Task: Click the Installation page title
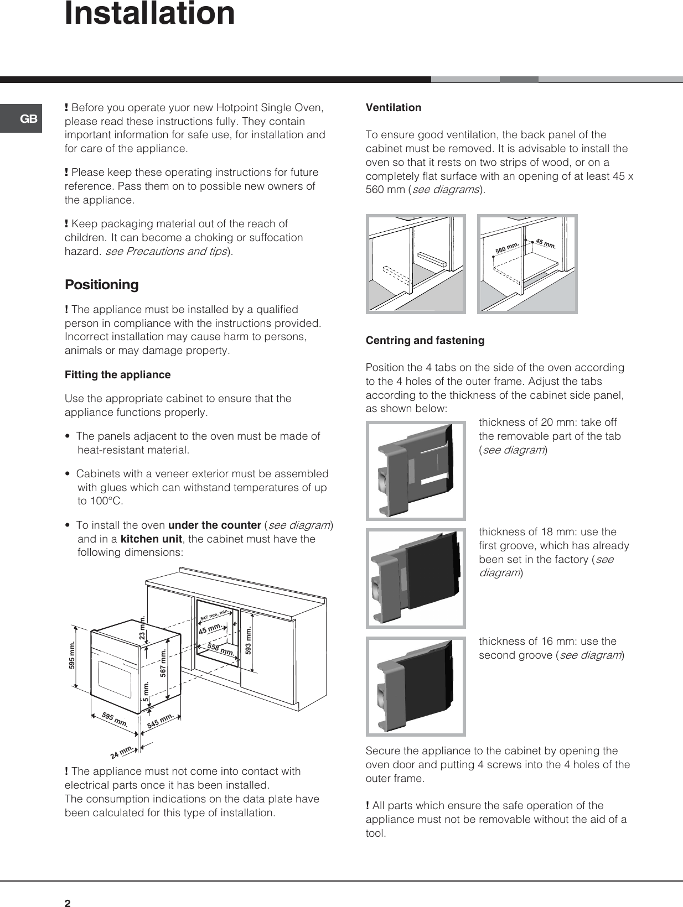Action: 149,13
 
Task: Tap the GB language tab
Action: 28,118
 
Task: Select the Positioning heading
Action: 102,285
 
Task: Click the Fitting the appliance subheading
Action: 117,375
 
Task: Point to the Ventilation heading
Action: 394,108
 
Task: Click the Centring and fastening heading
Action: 425,341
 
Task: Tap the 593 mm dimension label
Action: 249,640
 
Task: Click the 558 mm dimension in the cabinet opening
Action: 220,650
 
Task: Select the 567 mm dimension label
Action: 163,663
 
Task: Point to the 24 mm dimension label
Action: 122,752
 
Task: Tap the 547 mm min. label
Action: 214,614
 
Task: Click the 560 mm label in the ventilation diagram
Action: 507,248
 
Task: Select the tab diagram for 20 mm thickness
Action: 416,471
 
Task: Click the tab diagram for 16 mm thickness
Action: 416,686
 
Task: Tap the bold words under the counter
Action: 214,525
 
